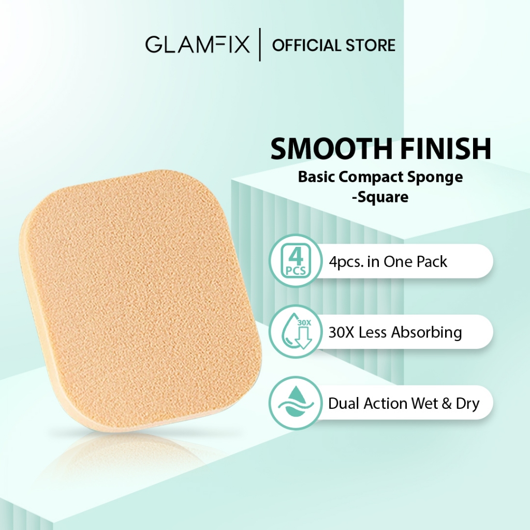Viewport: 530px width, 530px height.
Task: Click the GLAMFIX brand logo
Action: point(197,46)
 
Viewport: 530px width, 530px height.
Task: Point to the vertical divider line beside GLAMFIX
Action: point(260,46)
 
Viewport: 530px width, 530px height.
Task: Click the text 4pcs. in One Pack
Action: point(388,262)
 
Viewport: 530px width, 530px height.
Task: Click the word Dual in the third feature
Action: point(344,403)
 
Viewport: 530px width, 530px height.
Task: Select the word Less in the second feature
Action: point(373,332)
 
